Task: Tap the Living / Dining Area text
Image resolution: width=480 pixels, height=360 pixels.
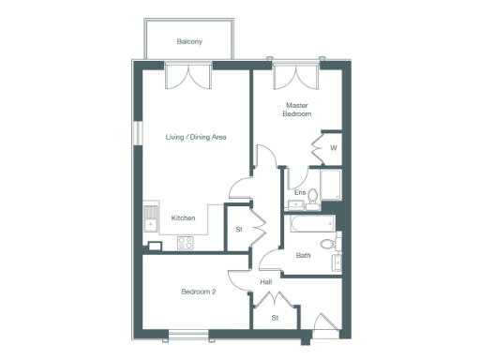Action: [x=196, y=138]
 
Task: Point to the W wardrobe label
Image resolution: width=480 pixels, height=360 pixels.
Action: [x=333, y=147]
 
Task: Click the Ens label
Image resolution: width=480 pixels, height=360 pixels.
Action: [x=300, y=193]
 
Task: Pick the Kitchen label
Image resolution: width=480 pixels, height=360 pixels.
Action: [x=183, y=218]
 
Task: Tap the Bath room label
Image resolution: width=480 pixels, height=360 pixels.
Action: [x=304, y=254]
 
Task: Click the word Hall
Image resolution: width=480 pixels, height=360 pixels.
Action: [x=265, y=281]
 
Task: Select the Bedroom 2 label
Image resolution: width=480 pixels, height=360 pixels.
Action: [x=199, y=292]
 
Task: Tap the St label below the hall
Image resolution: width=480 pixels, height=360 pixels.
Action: [x=276, y=318]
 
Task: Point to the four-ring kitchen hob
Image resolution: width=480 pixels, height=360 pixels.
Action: [x=185, y=242]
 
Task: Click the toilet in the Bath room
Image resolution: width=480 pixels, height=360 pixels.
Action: [x=328, y=244]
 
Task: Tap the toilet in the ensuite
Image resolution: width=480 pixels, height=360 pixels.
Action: [x=314, y=196]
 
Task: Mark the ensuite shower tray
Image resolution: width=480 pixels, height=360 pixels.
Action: [x=332, y=185]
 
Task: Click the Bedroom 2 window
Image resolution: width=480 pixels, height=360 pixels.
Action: [x=190, y=332]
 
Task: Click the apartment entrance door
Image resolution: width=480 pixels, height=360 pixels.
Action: [x=325, y=325]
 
